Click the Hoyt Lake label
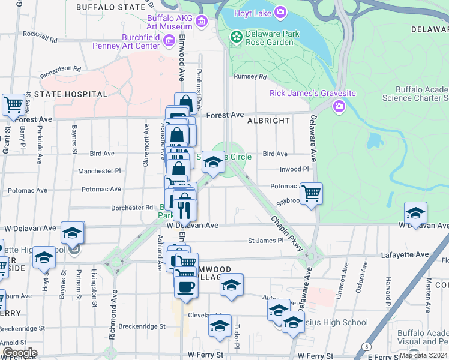pos(250,12)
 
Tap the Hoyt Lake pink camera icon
pos(280,12)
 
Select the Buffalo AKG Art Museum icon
pos(202,22)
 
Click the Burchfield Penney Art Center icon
pos(169,41)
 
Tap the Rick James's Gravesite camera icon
pos(339,106)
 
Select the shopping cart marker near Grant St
pos(13,104)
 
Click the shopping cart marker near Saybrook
pos(311,194)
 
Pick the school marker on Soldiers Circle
pos(213,161)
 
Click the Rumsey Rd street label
pos(250,76)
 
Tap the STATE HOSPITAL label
pos(71,94)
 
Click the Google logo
pos(20,353)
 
